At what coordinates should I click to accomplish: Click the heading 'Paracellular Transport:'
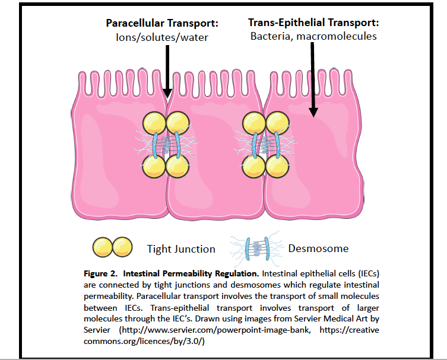click(162, 23)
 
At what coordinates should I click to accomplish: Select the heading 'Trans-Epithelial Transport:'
click(313, 23)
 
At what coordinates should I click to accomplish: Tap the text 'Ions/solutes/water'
click(162, 37)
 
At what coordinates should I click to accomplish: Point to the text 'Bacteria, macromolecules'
click(313, 36)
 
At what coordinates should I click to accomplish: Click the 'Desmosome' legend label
click(318, 249)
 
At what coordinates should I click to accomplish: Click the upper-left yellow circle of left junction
click(155, 123)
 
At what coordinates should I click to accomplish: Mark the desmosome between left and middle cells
click(166, 145)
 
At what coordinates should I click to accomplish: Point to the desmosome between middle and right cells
click(265, 145)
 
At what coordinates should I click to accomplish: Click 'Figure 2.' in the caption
click(99, 274)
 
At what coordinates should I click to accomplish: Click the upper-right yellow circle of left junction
click(177, 123)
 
